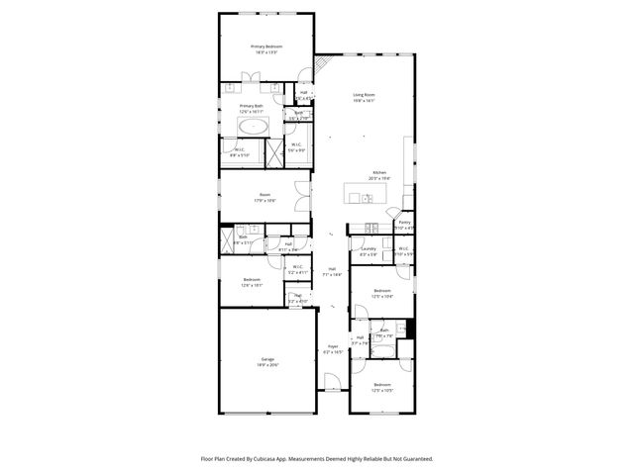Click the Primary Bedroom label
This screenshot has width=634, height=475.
click(265, 47)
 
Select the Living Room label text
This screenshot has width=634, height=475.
click(364, 95)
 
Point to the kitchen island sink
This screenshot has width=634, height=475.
click(367, 197)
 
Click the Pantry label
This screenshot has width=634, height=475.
click(404, 223)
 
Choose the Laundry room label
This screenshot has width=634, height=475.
click(369, 249)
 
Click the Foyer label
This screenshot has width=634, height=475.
click(332, 346)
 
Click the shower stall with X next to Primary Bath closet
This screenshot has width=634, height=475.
click(272, 151)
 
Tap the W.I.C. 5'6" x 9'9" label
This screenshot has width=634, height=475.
click(296, 145)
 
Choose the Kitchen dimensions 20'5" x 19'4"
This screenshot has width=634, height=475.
click(378, 178)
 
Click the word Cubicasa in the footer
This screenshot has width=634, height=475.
click(285, 459)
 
